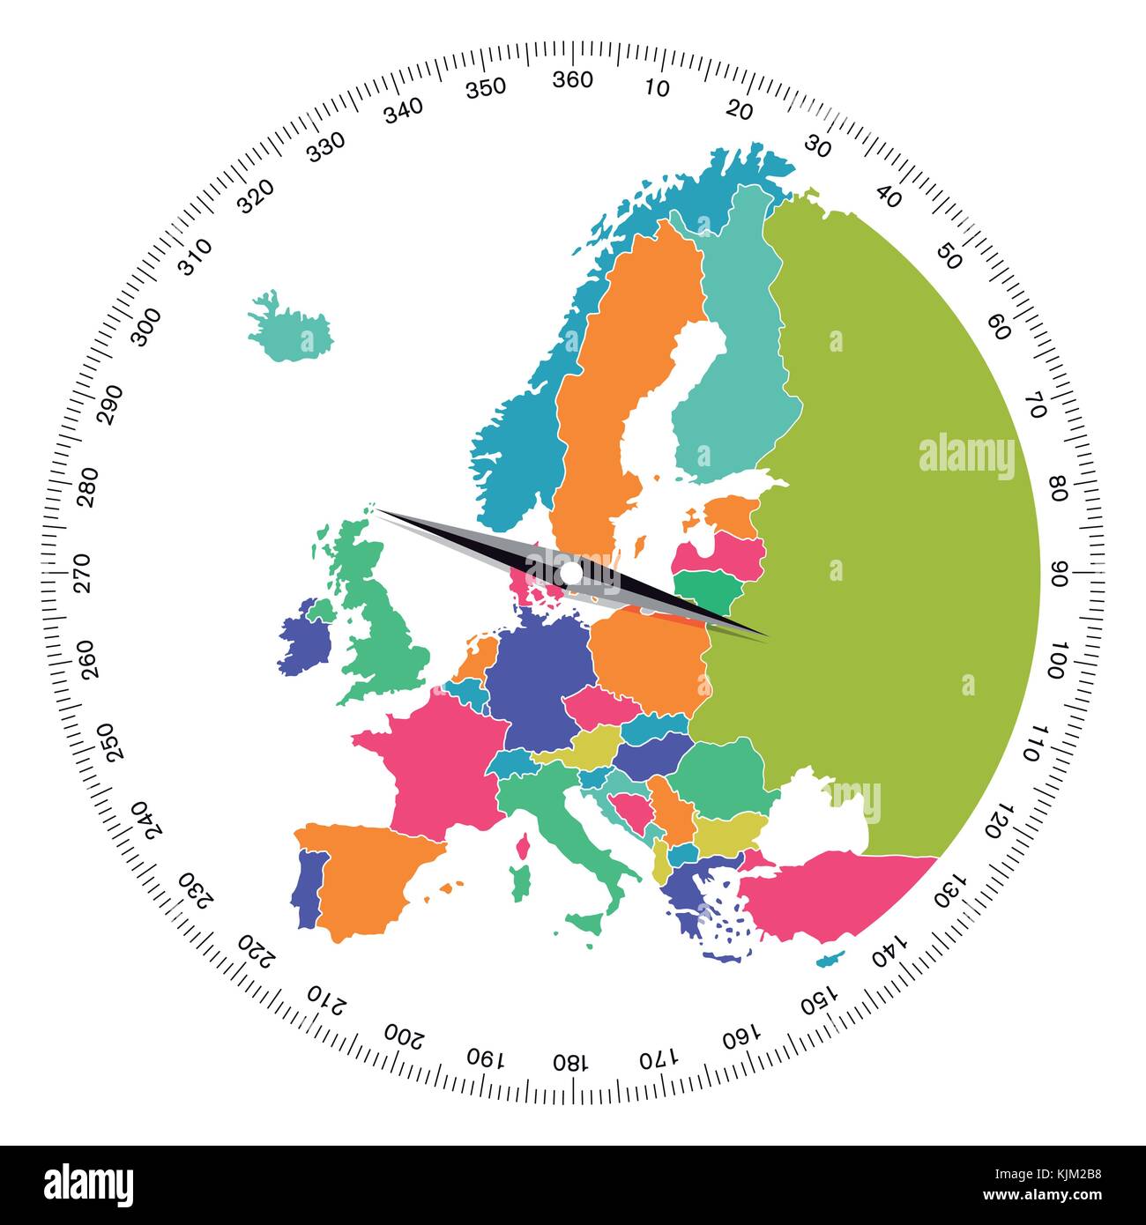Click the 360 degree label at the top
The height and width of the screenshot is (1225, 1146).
572,79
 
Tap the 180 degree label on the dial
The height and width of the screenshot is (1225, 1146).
569,1061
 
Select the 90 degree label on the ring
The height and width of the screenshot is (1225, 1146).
1060,573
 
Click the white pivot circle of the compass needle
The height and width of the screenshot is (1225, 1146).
571,574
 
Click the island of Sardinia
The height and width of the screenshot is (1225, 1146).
522,878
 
